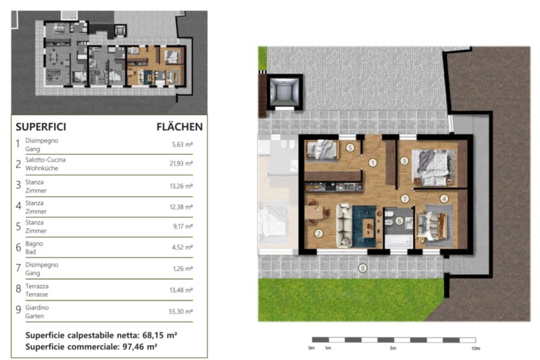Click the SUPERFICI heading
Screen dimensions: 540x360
(x=40, y=127)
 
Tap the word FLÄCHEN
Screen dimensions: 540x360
(x=180, y=127)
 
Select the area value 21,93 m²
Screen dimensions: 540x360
(x=181, y=163)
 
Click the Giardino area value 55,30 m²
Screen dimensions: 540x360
(x=180, y=311)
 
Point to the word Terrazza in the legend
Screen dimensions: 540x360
(x=37, y=286)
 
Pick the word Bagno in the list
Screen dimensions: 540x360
(x=34, y=244)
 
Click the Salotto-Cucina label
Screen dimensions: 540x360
(x=45, y=160)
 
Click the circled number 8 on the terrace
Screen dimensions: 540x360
(x=362, y=268)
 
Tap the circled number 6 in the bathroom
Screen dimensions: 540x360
(x=399, y=221)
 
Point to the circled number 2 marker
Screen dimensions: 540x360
(x=319, y=234)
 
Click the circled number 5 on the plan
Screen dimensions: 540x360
(x=350, y=148)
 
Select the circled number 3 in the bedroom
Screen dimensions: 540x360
(x=404, y=161)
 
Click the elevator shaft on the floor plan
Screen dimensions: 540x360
(x=284, y=92)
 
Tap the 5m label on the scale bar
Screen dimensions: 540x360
(x=393, y=349)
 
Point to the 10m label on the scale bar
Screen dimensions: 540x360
(x=475, y=349)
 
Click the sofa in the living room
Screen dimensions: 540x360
(x=344, y=226)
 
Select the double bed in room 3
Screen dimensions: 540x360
(x=433, y=168)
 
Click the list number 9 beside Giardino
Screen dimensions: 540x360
(x=18, y=310)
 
